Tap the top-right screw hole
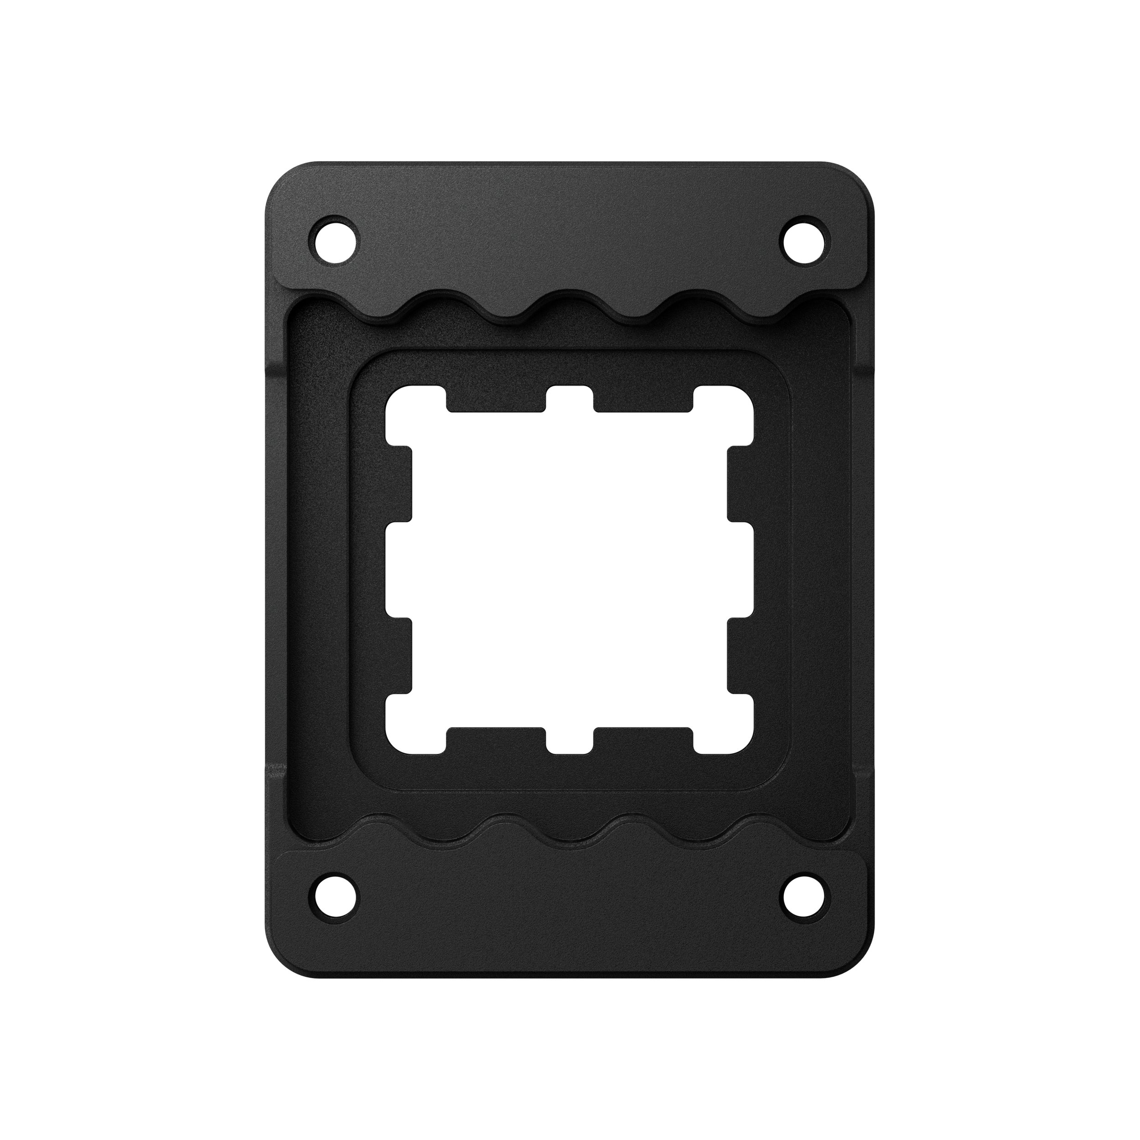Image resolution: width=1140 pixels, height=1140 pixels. tap(805, 239)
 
